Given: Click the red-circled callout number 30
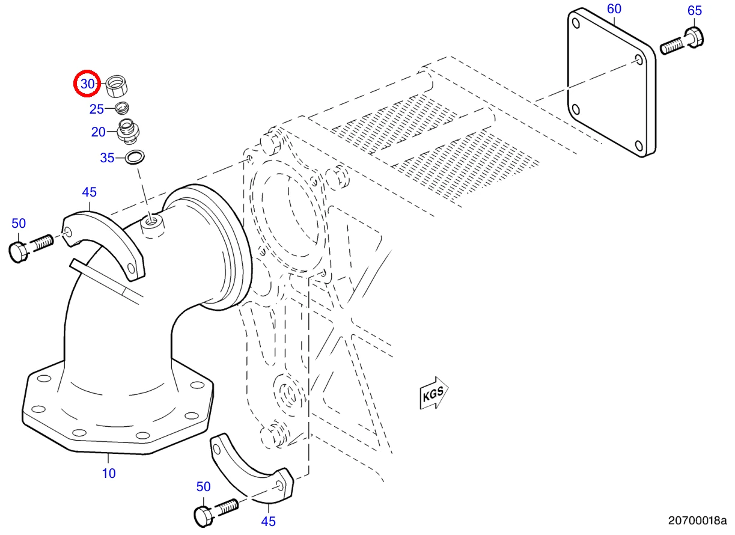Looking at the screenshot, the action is pyautogui.click(x=88, y=84).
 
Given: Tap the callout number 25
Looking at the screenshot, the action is pyautogui.click(x=97, y=109).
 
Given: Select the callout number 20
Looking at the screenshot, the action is pyautogui.click(x=98, y=132).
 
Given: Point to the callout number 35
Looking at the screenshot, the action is pyautogui.click(x=107, y=158).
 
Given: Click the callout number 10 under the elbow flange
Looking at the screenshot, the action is pyautogui.click(x=109, y=473).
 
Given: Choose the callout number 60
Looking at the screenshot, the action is pyautogui.click(x=614, y=9).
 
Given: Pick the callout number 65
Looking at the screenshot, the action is pyautogui.click(x=695, y=11).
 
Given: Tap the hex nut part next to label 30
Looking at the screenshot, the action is pyautogui.click(x=117, y=86).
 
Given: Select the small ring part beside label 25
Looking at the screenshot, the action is pyautogui.click(x=122, y=108).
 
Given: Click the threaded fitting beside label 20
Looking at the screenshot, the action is pyautogui.click(x=128, y=131).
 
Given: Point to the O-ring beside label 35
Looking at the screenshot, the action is pyautogui.click(x=135, y=157).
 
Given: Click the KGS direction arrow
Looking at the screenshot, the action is pyautogui.click(x=434, y=393).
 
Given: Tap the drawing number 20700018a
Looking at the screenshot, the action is pyautogui.click(x=698, y=521).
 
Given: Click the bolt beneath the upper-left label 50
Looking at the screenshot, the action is pyautogui.click(x=31, y=248).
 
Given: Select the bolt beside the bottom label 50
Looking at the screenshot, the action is pyautogui.click(x=216, y=513).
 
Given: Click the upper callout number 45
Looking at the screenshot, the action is pyautogui.click(x=90, y=192).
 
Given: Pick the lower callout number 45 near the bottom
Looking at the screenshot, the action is pyautogui.click(x=269, y=521).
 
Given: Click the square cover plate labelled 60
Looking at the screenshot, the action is pyautogui.click(x=612, y=82).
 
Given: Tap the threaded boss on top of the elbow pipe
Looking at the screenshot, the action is pyautogui.click(x=153, y=226).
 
